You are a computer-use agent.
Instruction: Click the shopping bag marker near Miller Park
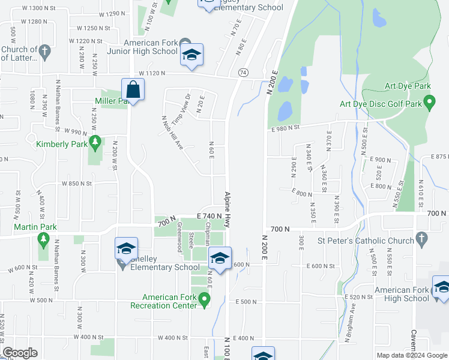click(x=131, y=90)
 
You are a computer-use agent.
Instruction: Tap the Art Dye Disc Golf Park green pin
click(x=429, y=104)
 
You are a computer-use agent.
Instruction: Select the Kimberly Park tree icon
click(x=94, y=143)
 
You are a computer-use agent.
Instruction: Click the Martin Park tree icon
click(x=43, y=240)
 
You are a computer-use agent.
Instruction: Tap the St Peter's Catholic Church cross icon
click(x=421, y=240)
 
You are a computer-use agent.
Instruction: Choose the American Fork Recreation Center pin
click(x=205, y=298)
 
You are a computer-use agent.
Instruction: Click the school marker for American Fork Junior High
click(x=191, y=55)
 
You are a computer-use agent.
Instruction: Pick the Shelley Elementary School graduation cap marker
click(x=126, y=248)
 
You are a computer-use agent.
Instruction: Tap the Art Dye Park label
click(x=409, y=86)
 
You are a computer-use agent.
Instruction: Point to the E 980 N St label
click(x=285, y=127)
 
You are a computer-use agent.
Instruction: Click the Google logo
click(x=20, y=353)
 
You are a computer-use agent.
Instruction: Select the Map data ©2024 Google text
click(x=411, y=355)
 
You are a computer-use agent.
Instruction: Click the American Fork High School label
click(x=402, y=294)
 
